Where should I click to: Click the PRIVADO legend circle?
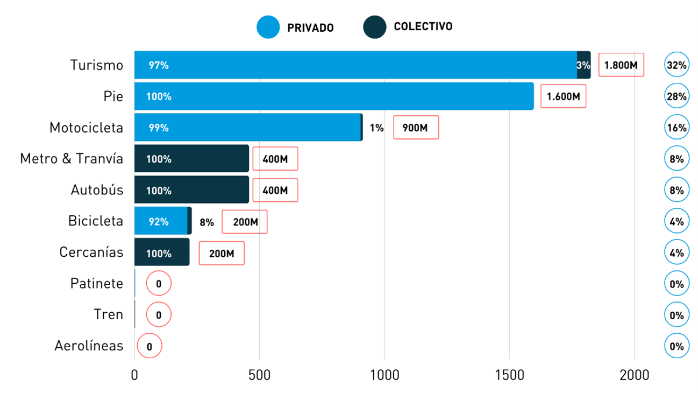coord(268,27)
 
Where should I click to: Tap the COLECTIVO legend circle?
coord(374,27)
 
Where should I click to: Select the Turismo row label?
coord(97,65)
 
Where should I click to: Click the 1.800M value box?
coord(621,65)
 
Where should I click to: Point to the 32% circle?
coord(676,65)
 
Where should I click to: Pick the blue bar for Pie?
coord(333,96)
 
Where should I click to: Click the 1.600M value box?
coord(563,97)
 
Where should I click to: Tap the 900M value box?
coord(416,128)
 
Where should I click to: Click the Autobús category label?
coord(97,190)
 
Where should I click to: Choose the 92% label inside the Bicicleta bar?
coord(159,221)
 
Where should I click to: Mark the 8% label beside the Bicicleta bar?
coord(206,222)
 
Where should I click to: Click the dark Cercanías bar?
coord(161,252)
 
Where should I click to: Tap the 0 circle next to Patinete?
coord(159,284)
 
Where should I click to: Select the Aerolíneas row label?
coord(89,346)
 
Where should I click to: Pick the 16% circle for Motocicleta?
coord(676,128)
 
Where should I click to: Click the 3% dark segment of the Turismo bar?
coord(583,65)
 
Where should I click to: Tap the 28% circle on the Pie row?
coord(676,96)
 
